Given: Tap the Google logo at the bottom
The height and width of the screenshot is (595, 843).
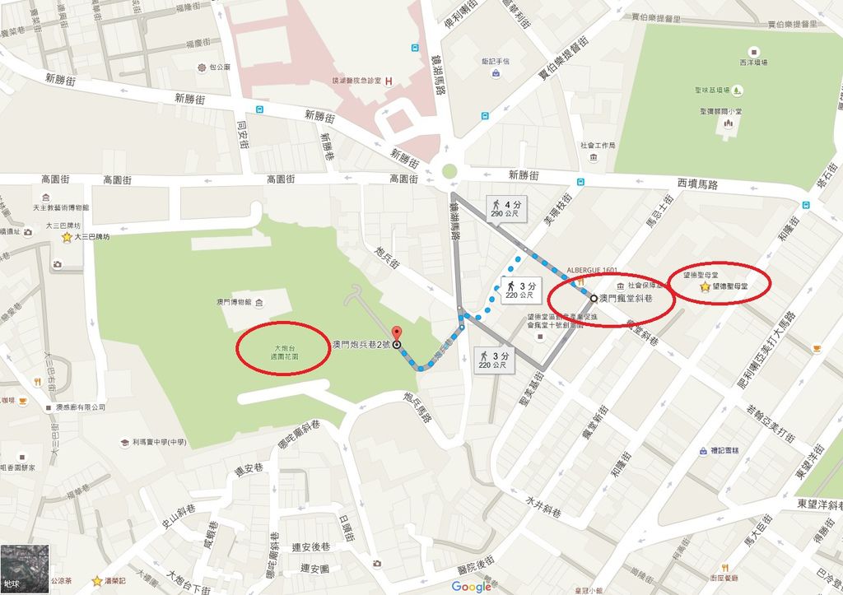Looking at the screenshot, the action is click(471, 586).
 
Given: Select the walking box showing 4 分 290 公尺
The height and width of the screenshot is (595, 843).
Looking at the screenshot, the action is click(506, 207).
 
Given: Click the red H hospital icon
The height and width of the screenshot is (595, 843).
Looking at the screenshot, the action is click(389, 81).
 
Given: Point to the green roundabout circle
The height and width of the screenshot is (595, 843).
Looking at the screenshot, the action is click(449, 172).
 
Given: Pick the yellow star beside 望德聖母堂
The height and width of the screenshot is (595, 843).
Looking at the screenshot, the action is click(706, 287).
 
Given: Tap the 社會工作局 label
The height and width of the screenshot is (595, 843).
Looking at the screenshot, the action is click(598, 145).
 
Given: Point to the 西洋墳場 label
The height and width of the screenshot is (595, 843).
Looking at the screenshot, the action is click(752, 62).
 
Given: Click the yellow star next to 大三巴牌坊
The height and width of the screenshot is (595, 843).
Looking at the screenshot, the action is click(67, 237).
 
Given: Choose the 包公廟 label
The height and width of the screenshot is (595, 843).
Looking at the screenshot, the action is click(220, 66).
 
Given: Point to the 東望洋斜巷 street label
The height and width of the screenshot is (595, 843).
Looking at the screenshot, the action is click(819, 503).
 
